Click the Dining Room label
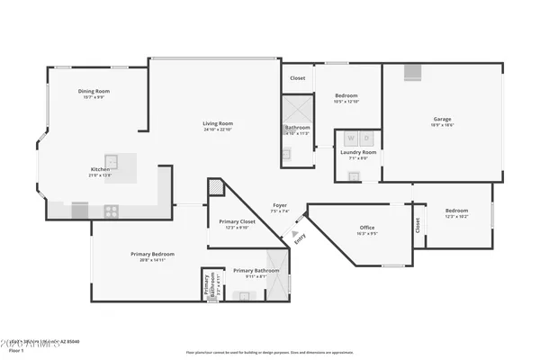94,91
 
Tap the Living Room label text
218,123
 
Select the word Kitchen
100,169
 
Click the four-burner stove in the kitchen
112,211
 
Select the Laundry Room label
358,152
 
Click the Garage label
442,118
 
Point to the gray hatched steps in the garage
411,73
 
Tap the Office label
366,228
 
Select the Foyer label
280,206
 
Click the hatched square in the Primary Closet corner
215,186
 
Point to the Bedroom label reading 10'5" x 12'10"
346,95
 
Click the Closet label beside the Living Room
297,78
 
